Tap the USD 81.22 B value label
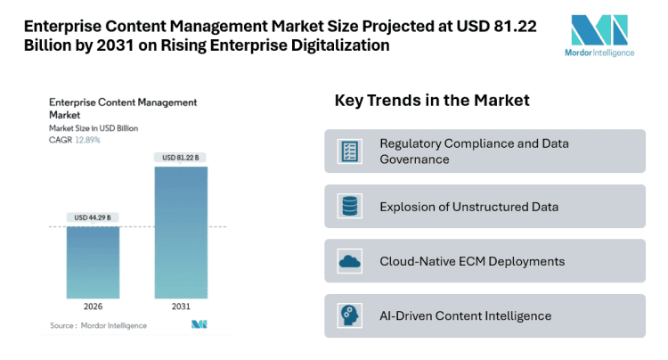point(181,158)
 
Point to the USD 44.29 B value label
point(93,217)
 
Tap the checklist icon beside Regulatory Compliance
point(349,151)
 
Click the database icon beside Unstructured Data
point(349,207)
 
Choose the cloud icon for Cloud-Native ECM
point(349,261)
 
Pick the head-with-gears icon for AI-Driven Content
point(349,315)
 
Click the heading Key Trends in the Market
point(432,101)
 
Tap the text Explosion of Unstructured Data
point(468,207)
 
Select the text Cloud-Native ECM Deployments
point(472,261)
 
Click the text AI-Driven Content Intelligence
point(465,315)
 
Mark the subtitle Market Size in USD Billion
point(94,129)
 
